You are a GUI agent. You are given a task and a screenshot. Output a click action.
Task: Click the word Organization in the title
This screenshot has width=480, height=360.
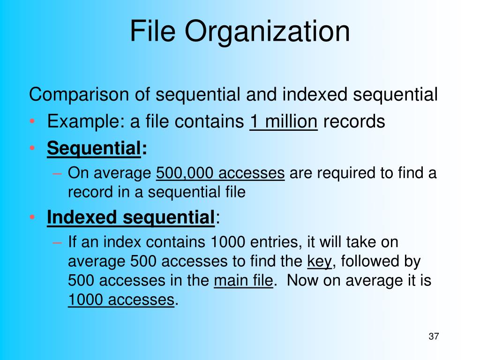(x=267, y=33)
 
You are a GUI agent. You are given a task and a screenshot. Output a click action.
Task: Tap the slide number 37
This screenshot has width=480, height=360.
(x=434, y=336)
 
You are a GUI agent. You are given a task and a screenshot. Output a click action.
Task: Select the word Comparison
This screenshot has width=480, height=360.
(x=79, y=95)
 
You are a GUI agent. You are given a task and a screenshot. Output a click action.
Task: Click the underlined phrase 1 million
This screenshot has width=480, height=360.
(x=284, y=122)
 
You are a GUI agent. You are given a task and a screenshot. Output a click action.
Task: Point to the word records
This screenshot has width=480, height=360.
(x=354, y=122)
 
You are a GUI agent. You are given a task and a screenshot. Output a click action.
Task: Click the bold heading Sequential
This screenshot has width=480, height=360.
(x=94, y=149)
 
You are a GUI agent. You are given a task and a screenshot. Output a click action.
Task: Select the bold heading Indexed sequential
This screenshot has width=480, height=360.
(x=131, y=217)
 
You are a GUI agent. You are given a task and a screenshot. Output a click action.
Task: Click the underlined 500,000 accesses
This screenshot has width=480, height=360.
(x=220, y=173)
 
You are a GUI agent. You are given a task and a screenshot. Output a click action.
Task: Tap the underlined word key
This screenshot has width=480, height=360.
(x=319, y=262)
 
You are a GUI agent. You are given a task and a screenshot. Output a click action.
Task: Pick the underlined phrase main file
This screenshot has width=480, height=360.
(x=243, y=281)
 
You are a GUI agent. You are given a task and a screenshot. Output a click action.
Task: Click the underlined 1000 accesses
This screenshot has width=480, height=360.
(x=121, y=300)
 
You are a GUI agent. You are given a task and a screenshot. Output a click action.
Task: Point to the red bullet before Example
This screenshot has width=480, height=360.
(x=32, y=121)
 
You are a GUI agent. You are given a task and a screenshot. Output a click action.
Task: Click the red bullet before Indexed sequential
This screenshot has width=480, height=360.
(x=32, y=217)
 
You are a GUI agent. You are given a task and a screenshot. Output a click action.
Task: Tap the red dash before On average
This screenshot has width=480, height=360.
(x=57, y=174)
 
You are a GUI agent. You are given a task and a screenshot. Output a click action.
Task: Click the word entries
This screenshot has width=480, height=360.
(x=274, y=242)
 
